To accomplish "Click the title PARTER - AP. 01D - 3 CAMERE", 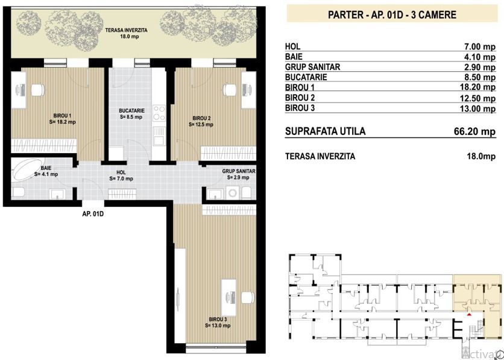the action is pos(392,14).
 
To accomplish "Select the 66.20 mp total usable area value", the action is pos(474,131).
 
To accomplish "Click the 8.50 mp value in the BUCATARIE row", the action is pos(479,77).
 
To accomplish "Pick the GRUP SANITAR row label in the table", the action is pos(312,67).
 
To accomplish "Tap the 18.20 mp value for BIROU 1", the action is pos(477,87).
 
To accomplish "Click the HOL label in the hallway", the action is pos(121,173).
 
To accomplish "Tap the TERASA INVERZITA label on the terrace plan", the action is pos(126,31).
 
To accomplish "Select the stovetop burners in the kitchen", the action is pos(159,113).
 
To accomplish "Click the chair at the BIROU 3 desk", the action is pos(248,297).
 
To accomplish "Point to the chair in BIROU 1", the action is pos(38,90).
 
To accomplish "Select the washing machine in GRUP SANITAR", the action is pos(231,193).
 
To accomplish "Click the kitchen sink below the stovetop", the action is pos(159,136).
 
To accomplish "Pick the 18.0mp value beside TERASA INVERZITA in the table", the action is pos(481,157).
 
